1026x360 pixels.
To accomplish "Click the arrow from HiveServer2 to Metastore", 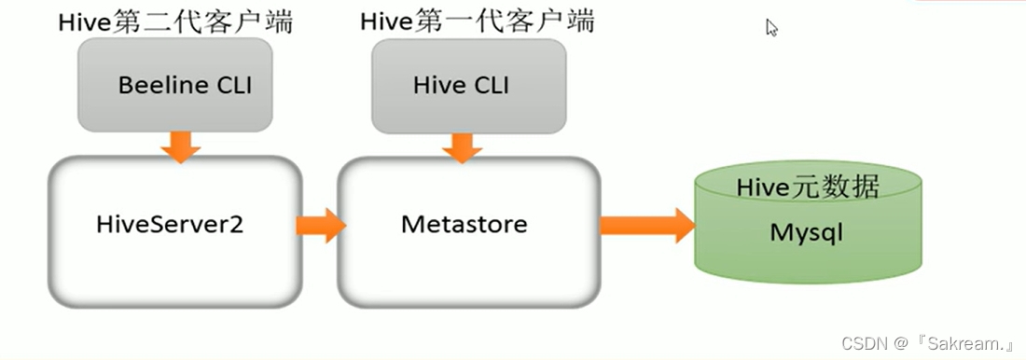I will (320, 225).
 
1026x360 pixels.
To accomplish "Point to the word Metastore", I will (464, 225).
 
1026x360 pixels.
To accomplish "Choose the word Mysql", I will (806, 232).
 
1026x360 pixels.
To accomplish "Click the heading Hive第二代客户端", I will (176, 21).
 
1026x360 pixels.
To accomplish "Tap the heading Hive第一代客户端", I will (477, 21).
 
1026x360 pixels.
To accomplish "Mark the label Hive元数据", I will (808, 187).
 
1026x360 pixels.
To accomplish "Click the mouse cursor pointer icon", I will (771, 28).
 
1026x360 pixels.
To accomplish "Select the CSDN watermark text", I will (862, 343).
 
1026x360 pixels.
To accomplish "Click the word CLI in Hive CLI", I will (491, 86).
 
